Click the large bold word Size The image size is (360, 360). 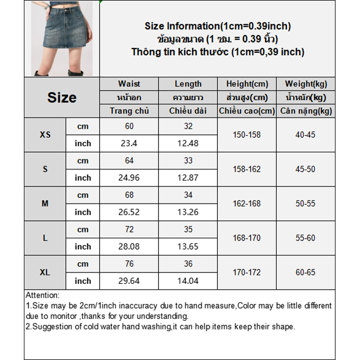tap(62, 98)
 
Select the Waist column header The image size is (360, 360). tap(129, 84)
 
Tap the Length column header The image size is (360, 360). tap(188, 84)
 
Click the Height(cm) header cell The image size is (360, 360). tap(247, 84)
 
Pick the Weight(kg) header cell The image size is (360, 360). tap(306, 84)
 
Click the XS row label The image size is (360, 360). tap(45, 135)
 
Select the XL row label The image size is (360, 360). tap(45, 272)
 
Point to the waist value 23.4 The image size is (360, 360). tap(129, 144)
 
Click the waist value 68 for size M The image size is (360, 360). tap(129, 195)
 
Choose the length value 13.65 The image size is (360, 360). tap(188, 247)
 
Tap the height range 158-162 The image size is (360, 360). tap(247, 169)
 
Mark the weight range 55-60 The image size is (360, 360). tap(306, 238)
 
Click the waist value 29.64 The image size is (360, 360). tap(129, 281)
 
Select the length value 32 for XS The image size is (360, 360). tap(188, 126)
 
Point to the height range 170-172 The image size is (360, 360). tap(247, 272)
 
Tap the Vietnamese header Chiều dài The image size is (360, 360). tap(188, 111)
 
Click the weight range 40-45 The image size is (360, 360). tap(306, 135)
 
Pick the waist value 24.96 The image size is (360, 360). tap(129, 178)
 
